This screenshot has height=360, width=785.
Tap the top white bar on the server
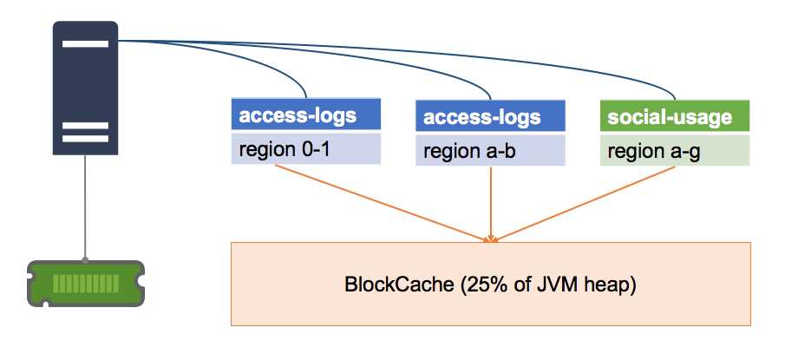tap(85, 43)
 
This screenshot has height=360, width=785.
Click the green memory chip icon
tap(85, 283)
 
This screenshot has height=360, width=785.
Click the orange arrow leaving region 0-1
tap(382, 201)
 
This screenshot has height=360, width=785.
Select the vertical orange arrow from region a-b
tap(492, 200)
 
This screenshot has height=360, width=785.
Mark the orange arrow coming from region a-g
tap(590, 201)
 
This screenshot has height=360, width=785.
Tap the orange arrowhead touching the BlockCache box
tap(492, 236)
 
